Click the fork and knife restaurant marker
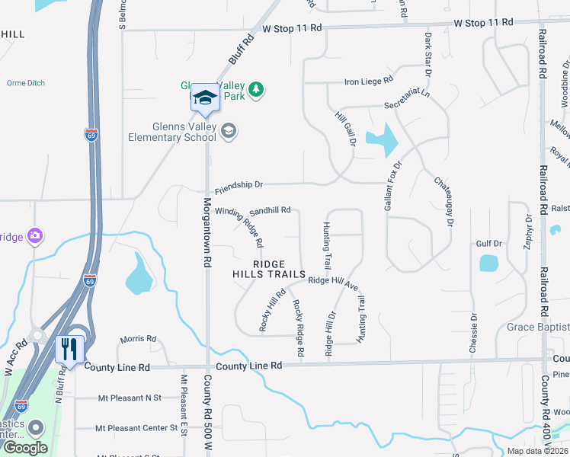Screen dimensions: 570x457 click(69, 350)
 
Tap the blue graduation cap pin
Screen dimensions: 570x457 click(204, 97)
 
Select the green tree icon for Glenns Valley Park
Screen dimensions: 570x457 click(258, 90)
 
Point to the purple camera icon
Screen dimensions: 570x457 click(34, 236)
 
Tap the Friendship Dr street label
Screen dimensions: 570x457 click(239, 184)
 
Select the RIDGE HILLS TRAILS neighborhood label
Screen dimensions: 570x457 click(269, 269)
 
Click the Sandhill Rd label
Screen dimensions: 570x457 click(270, 209)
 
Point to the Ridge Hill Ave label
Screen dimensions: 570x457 click(333, 282)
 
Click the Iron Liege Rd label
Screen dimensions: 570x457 click(369, 79)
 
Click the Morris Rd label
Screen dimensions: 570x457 click(138, 339)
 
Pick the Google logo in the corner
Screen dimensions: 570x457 click(26, 447)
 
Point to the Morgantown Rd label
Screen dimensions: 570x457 click(207, 232)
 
